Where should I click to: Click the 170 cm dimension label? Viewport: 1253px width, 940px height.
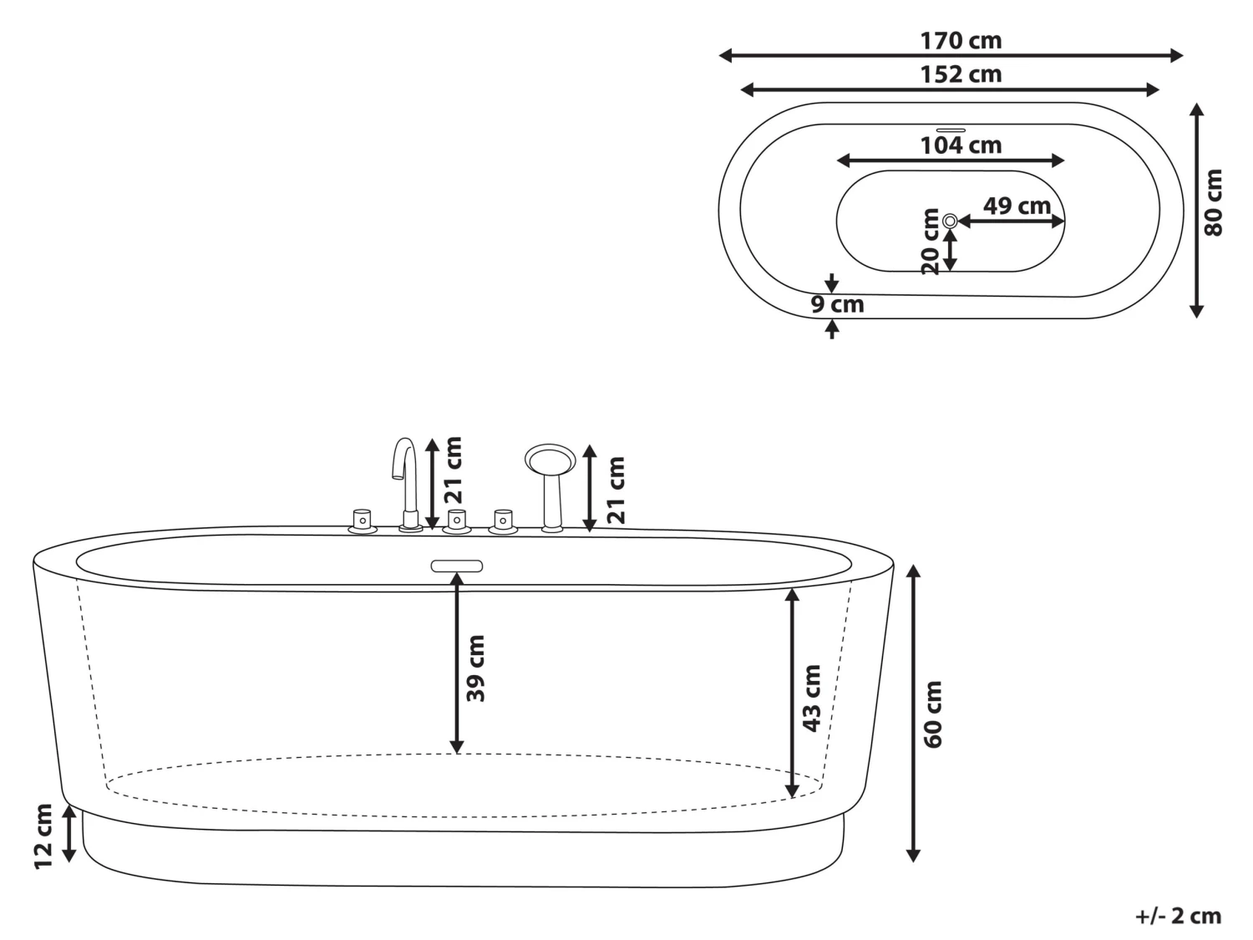(961, 40)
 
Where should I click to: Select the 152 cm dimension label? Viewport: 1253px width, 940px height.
(961, 74)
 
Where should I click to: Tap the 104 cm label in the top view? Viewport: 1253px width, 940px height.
(961, 145)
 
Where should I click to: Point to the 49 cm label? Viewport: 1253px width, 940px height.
(1017, 206)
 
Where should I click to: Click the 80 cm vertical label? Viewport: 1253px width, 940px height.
(1214, 202)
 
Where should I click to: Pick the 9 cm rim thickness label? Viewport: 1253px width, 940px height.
(838, 305)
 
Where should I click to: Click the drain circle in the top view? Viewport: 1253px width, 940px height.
(951, 221)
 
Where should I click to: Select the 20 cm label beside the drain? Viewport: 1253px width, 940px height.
(931, 241)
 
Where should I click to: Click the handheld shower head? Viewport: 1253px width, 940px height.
(550, 460)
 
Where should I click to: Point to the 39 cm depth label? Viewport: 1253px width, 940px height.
(475, 668)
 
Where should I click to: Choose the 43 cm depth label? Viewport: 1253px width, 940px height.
(811, 699)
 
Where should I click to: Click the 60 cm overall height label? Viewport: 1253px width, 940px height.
(933, 714)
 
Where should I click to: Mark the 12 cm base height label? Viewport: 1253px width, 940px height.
(44, 836)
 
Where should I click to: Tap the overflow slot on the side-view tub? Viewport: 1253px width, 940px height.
(457, 566)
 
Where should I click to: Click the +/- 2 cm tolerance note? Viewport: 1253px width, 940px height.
(1178, 916)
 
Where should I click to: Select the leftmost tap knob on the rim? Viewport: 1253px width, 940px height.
(363, 521)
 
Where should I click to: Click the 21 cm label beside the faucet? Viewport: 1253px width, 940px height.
(452, 470)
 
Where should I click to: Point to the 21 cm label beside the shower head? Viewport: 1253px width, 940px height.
(616, 490)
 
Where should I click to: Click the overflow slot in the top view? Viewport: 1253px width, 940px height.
(951, 130)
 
